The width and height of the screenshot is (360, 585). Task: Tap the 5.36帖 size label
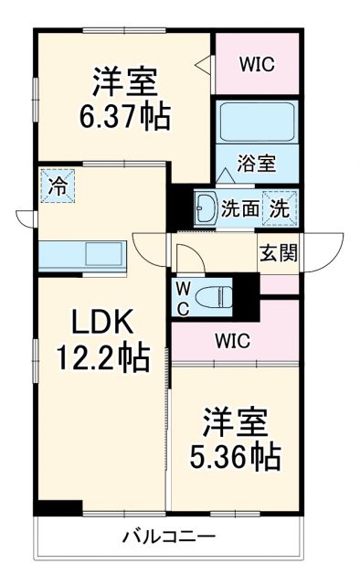pyautogui.click(x=235, y=454)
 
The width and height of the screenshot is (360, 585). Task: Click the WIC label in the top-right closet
pyautogui.click(x=257, y=64)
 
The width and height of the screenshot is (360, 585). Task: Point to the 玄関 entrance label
pyautogui.click(x=278, y=253)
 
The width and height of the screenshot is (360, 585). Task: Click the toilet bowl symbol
pyautogui.click(x=216, y=295)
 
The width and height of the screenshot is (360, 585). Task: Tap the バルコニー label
pyautogui.click(x=170, y=537)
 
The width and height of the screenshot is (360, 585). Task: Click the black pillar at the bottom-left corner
pyautogui.click(x=57, y=507)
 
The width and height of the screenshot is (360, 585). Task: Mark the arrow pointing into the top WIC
pyautogui.click(x=204, y=66)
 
